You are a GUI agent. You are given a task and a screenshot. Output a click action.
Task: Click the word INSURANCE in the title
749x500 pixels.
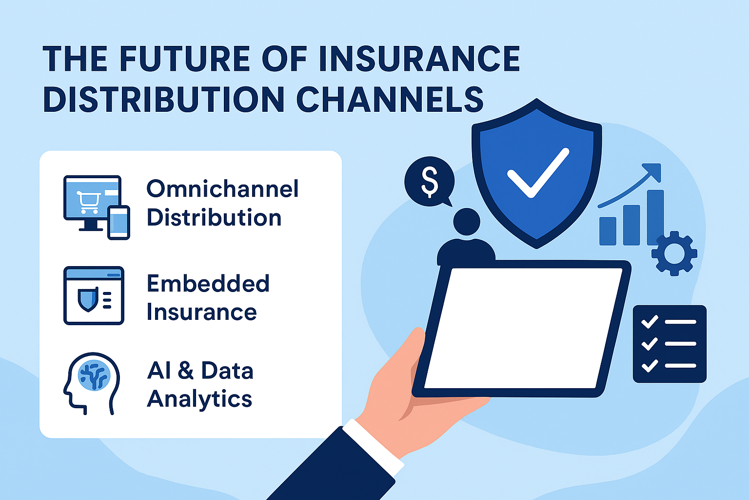click(419, 59)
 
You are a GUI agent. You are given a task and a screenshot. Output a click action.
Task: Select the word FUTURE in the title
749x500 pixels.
click(184, 59)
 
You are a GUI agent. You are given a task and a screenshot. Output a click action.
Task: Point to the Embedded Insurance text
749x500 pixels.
click(207, 298)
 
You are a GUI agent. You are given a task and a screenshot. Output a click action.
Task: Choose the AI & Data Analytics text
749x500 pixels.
click(200, 385)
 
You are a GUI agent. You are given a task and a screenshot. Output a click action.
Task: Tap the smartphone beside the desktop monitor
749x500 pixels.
click(118, 223)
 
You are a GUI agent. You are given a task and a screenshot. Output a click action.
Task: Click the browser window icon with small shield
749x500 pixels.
click(94, 295)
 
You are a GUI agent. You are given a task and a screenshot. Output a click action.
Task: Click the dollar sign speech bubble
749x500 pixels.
click(430, 181)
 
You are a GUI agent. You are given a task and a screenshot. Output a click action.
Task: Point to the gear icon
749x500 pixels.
click(674, 253)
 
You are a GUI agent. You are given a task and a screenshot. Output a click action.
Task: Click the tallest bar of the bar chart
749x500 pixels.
click(655, 218)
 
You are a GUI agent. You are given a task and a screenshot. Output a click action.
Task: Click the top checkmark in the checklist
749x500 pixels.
click(649, 322)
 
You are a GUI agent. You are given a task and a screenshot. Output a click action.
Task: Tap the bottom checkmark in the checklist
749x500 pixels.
click(649, 365)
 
